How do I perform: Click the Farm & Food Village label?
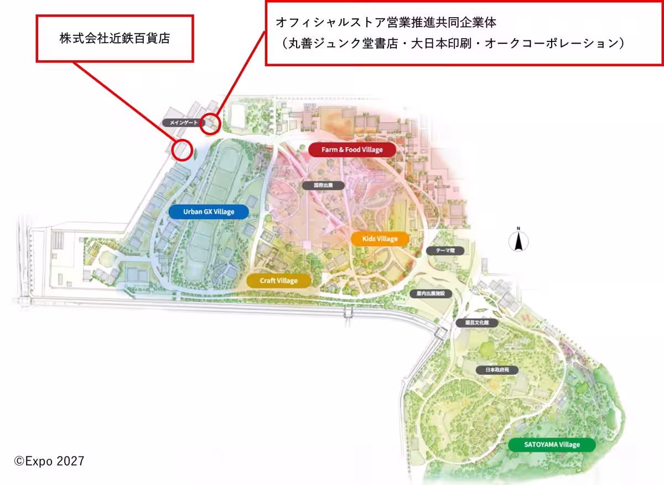tap(352, 149)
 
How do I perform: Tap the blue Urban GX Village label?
tap(209, 211)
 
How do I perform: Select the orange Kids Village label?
tap(380, 239)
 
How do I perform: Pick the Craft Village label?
tap(279, 281)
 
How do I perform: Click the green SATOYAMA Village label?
tap(552, 445)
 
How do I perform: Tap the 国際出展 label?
tap(323, 185)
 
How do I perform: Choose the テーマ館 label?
tap(444, 251)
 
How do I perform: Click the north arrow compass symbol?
tap(518, 241)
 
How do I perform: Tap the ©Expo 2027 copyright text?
tap(49, 461)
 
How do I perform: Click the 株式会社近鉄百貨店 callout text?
tap(115, 38)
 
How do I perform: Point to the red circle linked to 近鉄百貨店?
tap(182, 149)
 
